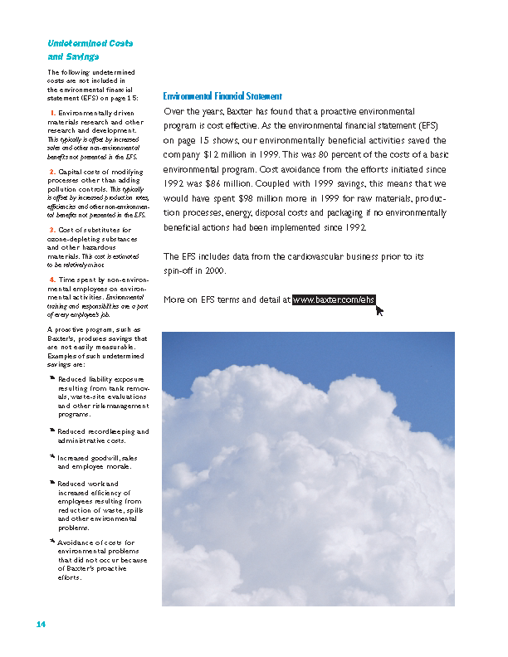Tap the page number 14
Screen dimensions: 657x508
pyautogui.click(x=41, y=624)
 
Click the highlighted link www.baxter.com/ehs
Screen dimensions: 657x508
pyautogui.click(x=334, y=299)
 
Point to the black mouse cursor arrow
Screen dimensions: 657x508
pyautogui.click(x=380, y=310)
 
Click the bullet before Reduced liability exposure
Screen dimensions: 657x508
pyautogui.click(x=51, y=377)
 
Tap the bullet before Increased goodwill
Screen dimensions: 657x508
pyautogui.click(x=51, y=457)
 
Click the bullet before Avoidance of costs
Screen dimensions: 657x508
pyautogui.click(x=51, y=543)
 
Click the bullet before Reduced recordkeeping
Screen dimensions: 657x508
pyautogui.click(x=51, y=431)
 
